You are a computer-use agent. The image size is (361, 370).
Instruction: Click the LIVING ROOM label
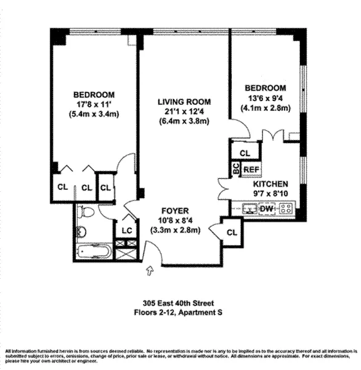click(184, 102)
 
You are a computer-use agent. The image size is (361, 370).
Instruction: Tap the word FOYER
click(176, 210)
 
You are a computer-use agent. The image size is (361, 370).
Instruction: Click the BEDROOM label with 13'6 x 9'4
click(265, 88)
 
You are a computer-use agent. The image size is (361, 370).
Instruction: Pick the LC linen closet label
click(126, 230)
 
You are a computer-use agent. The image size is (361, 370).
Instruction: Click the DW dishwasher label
click(266, 210)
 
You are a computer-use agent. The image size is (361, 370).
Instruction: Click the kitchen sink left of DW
click(248, 210)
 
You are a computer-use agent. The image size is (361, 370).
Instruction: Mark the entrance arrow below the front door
click(148, 269)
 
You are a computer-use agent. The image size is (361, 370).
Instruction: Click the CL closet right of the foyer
click(232, 232)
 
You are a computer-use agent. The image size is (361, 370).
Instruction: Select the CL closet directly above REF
click(245, 152)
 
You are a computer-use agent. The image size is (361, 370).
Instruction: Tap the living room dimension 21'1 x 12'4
click(184, 111)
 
